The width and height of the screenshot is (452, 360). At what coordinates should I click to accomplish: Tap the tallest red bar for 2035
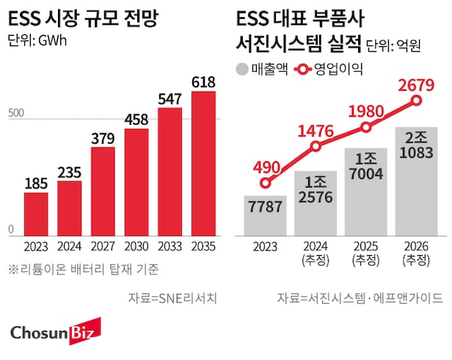[x=203, y=163]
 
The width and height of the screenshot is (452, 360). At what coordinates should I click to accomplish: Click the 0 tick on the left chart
[x=11, y=229]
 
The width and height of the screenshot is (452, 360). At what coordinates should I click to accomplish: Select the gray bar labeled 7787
[x=265, y=216]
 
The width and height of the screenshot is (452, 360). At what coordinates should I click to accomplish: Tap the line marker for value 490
[x=266, y=183]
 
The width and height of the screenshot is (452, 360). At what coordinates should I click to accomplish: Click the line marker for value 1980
[x=366, y=128]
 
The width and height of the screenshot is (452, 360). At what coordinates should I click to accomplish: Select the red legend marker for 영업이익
[x=301, y=70]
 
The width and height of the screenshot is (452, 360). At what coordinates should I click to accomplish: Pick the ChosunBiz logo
[x=55, y=334]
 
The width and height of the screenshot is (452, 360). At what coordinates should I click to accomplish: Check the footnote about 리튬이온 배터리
[x=85, y=269]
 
